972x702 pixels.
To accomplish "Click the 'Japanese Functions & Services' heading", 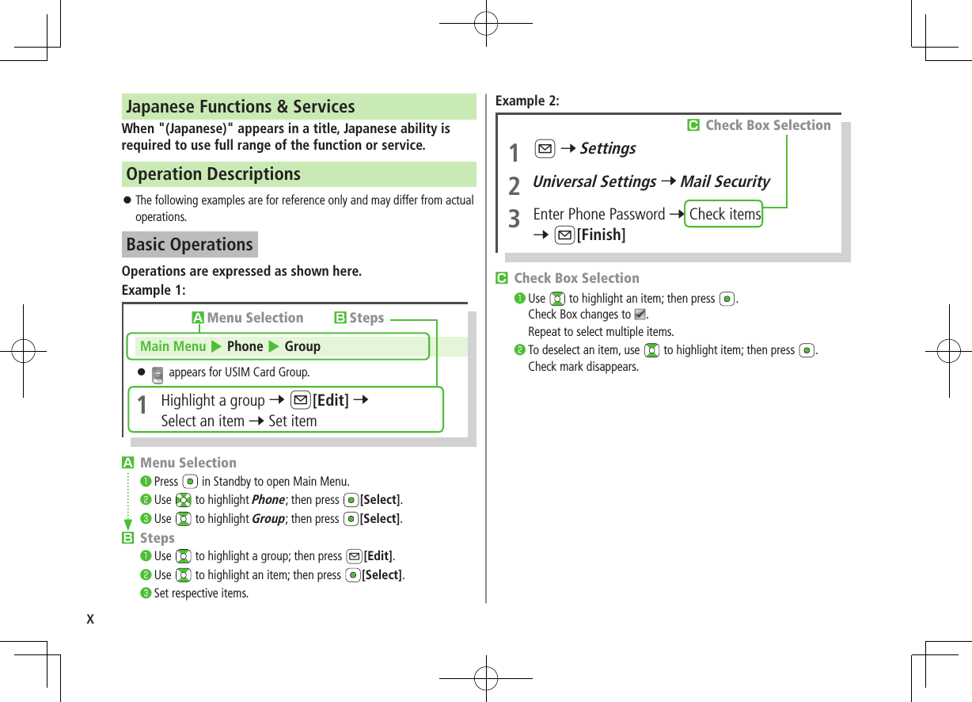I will coord(241,106).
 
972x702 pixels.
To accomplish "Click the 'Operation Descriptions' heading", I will coord(213,174).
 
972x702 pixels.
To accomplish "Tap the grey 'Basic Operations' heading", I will coord(189,244).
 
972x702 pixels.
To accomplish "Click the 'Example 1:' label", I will coord(153,290).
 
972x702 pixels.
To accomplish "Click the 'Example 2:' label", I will coord(526,101).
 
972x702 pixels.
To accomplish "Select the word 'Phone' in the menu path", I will coord(245,346).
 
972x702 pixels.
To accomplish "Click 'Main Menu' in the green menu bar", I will coord(173,346).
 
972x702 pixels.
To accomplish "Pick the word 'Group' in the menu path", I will coord(302,346).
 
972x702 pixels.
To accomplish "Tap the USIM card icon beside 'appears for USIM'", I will coord(157,373).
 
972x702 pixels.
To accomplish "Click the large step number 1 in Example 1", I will coord(142,406).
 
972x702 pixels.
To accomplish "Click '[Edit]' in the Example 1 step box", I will coord(331,400).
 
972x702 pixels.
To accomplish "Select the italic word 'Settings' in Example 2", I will coord(607,148).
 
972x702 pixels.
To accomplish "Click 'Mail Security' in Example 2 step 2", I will coord(724,181).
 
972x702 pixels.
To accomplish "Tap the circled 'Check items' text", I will coord(724,214).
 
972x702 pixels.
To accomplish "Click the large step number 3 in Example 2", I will coord(514,218).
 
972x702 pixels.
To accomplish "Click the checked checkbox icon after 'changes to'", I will coord(640,315).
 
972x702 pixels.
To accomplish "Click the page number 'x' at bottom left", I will coord(90,618).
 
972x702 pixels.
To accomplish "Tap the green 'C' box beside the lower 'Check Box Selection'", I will coord(501,278).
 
